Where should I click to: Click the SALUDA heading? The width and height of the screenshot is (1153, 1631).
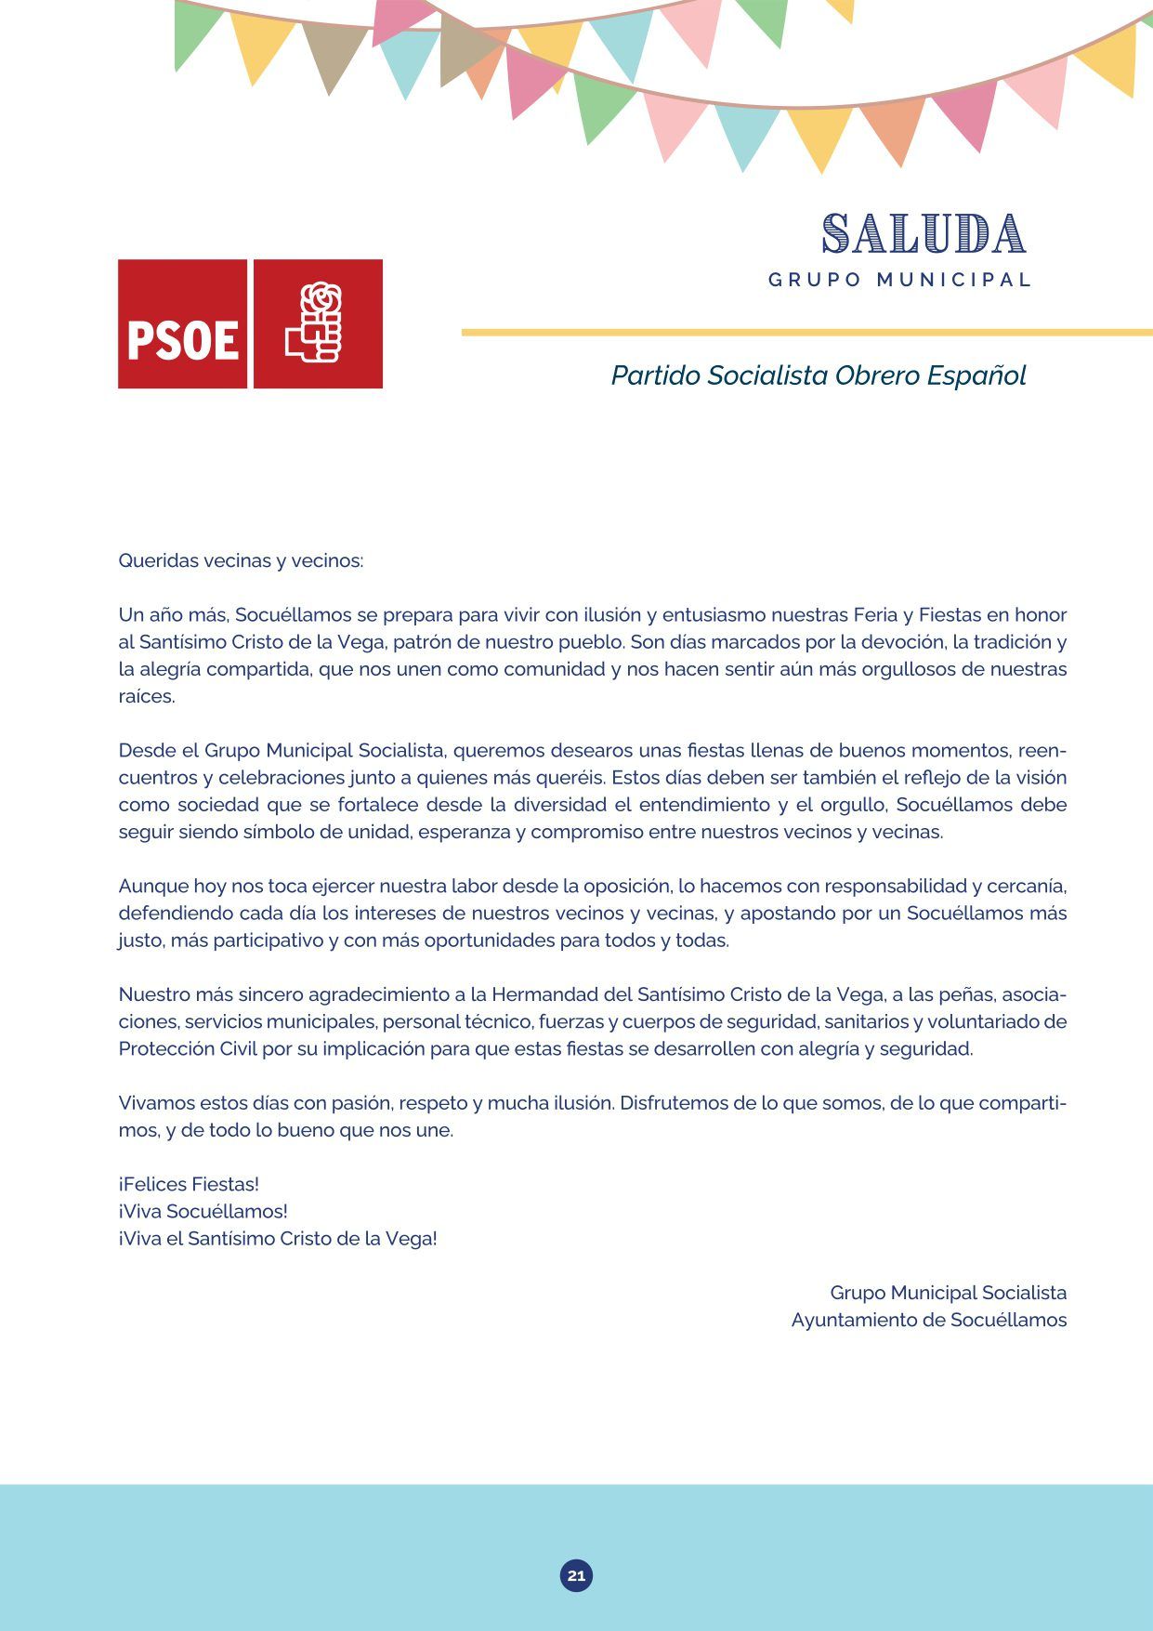pyautogui.click(x=924, y=233)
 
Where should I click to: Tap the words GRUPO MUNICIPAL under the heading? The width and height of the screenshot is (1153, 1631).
pyautogui.click(x=899, y=280)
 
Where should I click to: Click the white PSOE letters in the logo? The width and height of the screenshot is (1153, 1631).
pyautogui.click(x=183, y=339)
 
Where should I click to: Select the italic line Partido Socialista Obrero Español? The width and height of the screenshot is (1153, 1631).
pyautogui.click(x=818, y=375)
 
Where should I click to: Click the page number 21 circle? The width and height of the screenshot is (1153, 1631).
pyautogui.click(x=576, y=1575)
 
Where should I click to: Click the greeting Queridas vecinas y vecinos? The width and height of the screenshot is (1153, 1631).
pyautogui.click(x=241, y=560)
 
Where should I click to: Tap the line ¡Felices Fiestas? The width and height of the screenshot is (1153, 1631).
pyautogui.click(x=189, y=1184)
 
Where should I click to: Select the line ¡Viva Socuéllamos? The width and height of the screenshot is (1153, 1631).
pyautogui.click(x=203, y=1211)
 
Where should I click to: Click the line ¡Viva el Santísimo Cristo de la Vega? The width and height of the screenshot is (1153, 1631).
pyautogui.click(x=277, y=1238)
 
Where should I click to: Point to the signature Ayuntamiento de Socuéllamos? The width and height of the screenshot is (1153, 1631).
pyautogui.click(x=928, y=1320)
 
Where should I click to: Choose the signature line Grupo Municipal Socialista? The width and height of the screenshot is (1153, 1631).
pyautogui.click(x=948, y=1293)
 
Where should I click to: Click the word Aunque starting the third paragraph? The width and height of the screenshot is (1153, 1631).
pyautogui.click(x=153, y=886)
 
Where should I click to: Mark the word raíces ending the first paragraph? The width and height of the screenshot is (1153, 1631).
pyautogui.click(x=146, y=696)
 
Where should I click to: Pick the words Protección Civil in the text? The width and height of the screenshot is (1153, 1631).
pyautogui.click(x=175, y=1048)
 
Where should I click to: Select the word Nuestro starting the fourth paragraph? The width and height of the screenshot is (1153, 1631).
pyautogui.click(x=153, y=994)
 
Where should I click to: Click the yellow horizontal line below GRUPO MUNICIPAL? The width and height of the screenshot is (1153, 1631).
pyautogui.click(x=806, y=332)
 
